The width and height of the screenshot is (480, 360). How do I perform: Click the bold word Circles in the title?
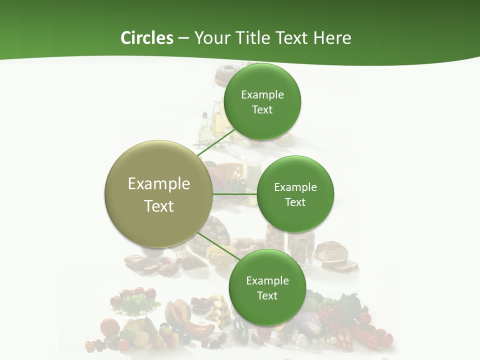(146, 38)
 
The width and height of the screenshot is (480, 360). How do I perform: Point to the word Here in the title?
(332, 38)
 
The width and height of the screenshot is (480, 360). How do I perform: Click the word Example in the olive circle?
(159, 183)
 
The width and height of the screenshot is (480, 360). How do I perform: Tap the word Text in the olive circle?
(159, 206)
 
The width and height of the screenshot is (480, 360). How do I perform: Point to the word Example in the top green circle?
(262, 94)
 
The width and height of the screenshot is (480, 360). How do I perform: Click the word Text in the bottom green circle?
(267, 295)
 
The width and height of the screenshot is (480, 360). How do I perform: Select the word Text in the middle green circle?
(295, 202)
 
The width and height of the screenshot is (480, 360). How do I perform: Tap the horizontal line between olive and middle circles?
(235, 194)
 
